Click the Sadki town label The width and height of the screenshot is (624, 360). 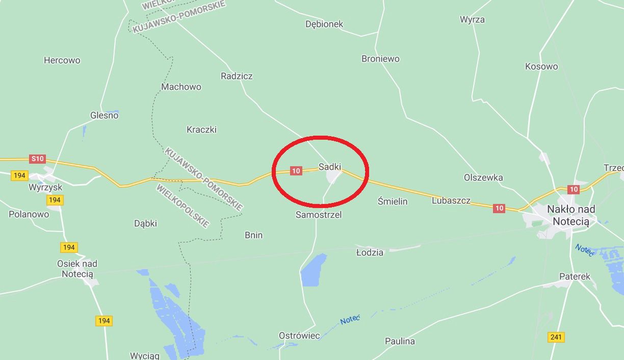(330, 167)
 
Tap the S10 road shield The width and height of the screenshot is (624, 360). (38, 159)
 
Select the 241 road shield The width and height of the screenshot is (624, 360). (556, 337)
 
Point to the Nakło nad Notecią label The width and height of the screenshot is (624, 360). (571, 215)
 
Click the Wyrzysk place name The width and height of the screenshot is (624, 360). (45, 188)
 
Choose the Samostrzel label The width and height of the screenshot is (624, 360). (319, 215)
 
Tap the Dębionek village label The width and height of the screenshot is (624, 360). (324, 24)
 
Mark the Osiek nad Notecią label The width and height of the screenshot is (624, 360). (77, 269)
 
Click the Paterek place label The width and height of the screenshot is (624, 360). (575, 276)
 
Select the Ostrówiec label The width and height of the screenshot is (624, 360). (299, 336)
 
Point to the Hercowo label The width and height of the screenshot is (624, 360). (62, 60)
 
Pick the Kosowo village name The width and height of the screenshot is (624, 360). (541, 66)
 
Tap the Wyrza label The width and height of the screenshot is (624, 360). (472, 19)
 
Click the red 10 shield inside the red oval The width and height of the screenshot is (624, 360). (296, 171)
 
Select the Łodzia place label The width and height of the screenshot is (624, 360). (370, 252)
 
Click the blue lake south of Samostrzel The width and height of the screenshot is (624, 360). (314, 270)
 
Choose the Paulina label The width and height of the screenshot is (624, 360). (400, 341)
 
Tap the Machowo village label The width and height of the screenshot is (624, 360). (181, 87)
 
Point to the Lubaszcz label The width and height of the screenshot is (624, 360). (451, 200)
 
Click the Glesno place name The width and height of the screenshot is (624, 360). (105, 115)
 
